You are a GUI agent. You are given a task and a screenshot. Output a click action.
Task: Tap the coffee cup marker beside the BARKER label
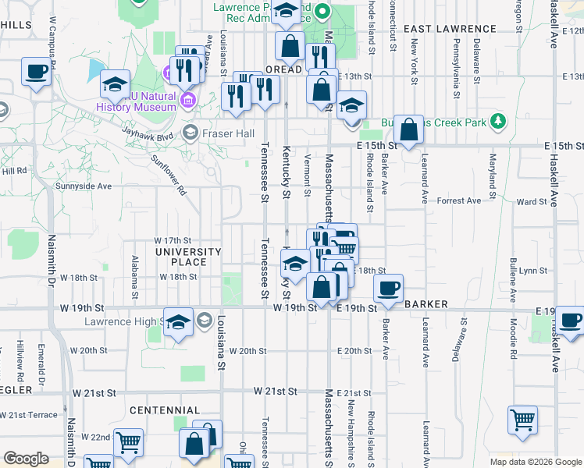(387, 289)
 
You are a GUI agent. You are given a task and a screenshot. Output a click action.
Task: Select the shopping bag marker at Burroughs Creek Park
(408, 129)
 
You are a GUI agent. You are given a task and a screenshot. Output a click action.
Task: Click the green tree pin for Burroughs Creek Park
(497, 122)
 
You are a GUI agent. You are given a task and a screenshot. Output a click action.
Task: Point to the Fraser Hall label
(228, 133)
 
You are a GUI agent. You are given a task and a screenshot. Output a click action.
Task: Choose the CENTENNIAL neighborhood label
(165, 410)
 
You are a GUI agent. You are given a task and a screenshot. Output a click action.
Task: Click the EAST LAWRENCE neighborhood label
(451, 29)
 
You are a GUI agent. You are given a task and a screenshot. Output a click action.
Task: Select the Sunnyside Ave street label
(84, 186)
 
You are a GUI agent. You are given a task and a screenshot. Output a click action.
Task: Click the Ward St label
(532, 202)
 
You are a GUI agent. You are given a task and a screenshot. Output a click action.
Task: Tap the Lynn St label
(533, 271)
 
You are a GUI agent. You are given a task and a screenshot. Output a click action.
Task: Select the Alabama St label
(135, 277)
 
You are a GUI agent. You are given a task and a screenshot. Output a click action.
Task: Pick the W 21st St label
(275, 390)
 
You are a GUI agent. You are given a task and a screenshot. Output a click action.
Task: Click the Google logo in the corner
(27, 459)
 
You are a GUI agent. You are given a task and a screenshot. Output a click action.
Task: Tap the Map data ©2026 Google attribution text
(535, 462)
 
